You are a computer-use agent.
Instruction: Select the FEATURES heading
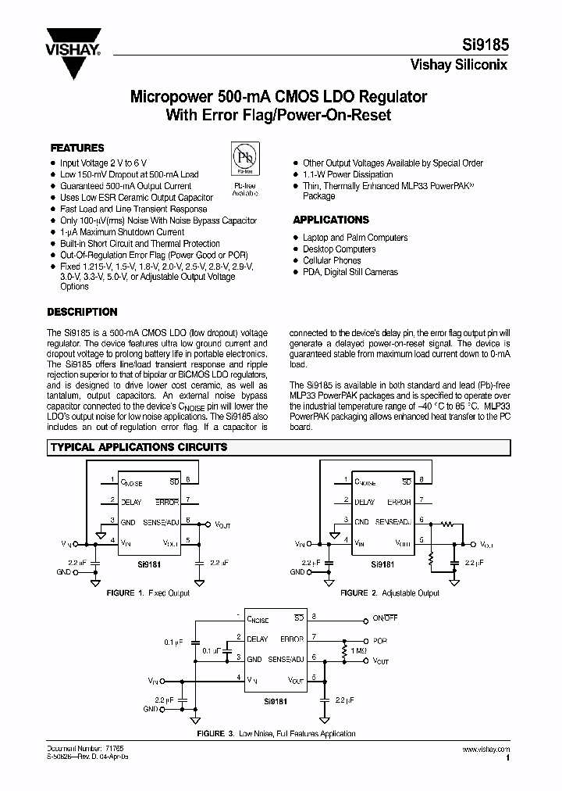pos(77,148)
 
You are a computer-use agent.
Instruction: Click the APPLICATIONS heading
pos(331,220)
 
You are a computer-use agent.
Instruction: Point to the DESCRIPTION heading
pos(83,312)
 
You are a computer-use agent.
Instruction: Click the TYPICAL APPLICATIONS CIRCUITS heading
pos(139,448)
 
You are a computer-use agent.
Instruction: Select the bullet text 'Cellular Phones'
pos(332,260)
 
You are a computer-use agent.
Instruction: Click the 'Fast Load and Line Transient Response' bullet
pos(133,209)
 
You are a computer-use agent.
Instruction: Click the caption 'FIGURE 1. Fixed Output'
pos(148,593)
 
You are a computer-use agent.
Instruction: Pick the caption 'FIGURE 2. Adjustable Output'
pos(390,593)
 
